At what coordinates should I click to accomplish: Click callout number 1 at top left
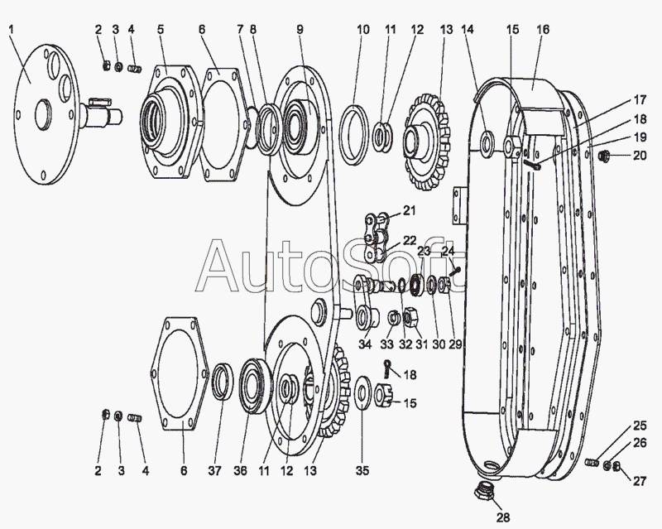point(11,31)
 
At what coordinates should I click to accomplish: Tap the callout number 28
point(504,518)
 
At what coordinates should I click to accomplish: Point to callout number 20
point(640,155)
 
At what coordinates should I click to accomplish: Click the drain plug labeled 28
point(484,494)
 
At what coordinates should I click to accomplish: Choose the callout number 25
point(640,426)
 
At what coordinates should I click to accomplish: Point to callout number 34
point(365,345)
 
